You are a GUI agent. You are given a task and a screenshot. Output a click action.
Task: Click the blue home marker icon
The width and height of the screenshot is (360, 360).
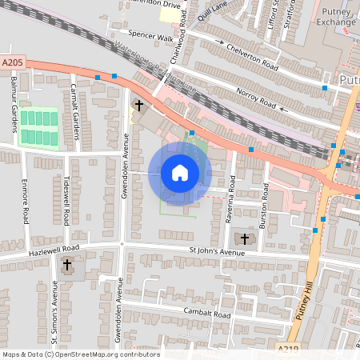click(x=180, y=173)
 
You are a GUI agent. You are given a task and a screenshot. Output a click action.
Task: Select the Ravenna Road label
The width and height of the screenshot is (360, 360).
click(x=229, y=208)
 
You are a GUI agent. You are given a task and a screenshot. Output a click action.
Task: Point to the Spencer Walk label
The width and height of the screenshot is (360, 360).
click(x=150, y=38)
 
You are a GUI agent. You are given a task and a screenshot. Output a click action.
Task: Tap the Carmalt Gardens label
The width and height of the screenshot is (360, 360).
click(x=74, y=106)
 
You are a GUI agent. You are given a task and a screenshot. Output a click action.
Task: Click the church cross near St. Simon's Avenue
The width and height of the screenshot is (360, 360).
click(x=67, y=264)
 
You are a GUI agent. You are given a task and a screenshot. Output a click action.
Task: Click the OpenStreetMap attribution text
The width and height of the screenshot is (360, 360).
click(x=81, y=354)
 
